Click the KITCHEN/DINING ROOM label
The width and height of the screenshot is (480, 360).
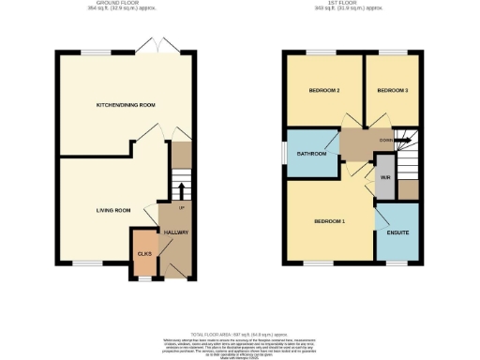(127, 105)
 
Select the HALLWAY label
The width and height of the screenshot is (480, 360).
(176, 232)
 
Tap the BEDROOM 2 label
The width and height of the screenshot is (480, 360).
(323, 91)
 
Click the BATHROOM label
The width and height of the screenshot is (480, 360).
(312, 153)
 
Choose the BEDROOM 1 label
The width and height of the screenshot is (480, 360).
(330, 221)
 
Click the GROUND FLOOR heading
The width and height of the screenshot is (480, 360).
(127, 4)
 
